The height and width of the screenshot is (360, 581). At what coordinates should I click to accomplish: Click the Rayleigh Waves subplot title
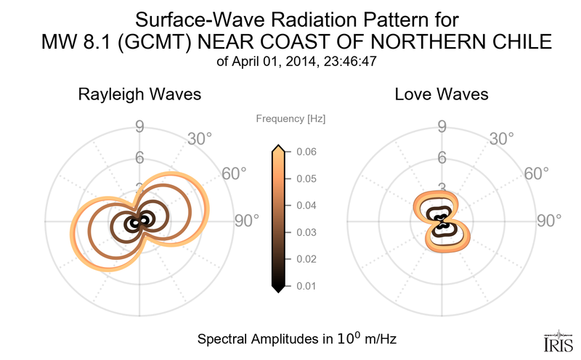point(139,94)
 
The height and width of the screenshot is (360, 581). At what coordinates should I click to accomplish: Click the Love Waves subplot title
point(442,94)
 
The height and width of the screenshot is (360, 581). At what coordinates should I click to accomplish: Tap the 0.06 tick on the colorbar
point(306,152)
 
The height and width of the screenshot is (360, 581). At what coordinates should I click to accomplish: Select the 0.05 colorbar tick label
point(306,179)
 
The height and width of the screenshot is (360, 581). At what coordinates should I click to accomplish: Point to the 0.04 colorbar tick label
point(306,205)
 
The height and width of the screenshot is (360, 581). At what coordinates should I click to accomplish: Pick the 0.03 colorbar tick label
point(306,232)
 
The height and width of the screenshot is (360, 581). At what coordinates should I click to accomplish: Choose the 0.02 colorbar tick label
point(306,259)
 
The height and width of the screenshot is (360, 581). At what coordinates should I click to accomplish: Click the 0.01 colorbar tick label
point(306,286)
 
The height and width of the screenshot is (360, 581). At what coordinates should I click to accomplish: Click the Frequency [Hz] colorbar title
point(290,118)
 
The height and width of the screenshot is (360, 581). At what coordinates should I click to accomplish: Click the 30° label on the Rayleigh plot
point(199,138)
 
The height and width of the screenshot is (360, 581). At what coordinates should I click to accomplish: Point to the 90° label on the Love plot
point(550,221)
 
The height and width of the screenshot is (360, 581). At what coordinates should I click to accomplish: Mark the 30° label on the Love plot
point(501,138)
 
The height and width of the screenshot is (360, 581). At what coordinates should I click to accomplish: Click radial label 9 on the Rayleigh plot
point(139,128)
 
